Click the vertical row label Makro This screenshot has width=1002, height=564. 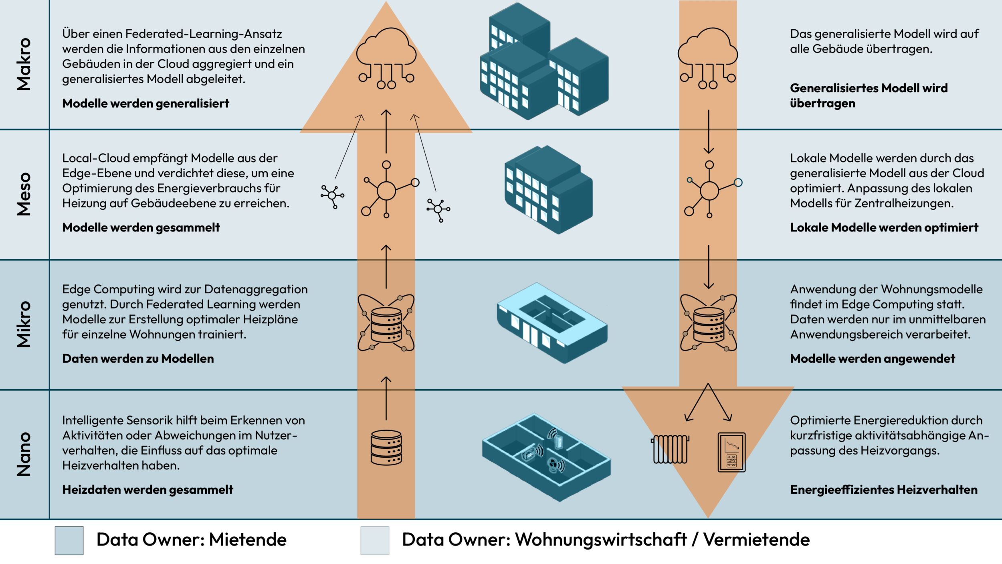24,64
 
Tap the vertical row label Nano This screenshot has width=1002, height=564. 24,454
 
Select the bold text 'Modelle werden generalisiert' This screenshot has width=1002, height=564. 145,103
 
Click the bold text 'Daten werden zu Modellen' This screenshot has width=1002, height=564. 138,359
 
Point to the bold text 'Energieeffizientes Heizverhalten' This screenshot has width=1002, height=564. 883,490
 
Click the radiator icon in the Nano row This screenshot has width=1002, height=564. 670,449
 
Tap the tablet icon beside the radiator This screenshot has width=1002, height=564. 731,452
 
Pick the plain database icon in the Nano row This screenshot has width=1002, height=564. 386,447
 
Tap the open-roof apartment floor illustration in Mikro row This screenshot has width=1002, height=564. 552,323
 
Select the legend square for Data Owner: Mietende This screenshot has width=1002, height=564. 69,540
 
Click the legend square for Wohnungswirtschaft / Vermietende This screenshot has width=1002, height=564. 375,540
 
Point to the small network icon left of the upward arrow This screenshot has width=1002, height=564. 332,196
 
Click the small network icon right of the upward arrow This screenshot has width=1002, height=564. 438,209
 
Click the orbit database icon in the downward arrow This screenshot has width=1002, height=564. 708,323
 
